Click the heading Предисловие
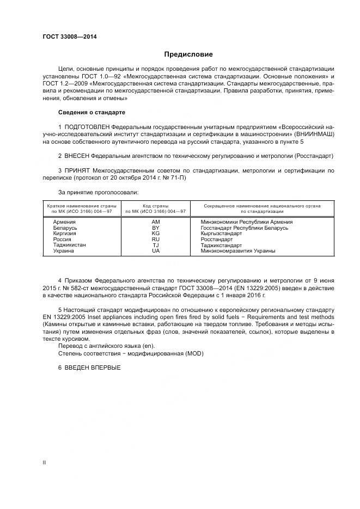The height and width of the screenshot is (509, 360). (188, 54)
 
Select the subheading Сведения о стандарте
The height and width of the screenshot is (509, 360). (91, 112)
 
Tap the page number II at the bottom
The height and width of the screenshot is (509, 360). (45, 462)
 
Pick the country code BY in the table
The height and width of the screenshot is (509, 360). (156, 228)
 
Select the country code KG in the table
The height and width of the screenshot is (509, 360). (156, 234)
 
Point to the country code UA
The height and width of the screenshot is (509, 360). (156, 251)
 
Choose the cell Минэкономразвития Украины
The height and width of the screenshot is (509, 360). (237, 251)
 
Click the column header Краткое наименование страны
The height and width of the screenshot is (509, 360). (81, 206)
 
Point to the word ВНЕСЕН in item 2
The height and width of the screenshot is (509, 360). (81, 156)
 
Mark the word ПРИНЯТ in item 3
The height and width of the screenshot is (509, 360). (81, 170)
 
